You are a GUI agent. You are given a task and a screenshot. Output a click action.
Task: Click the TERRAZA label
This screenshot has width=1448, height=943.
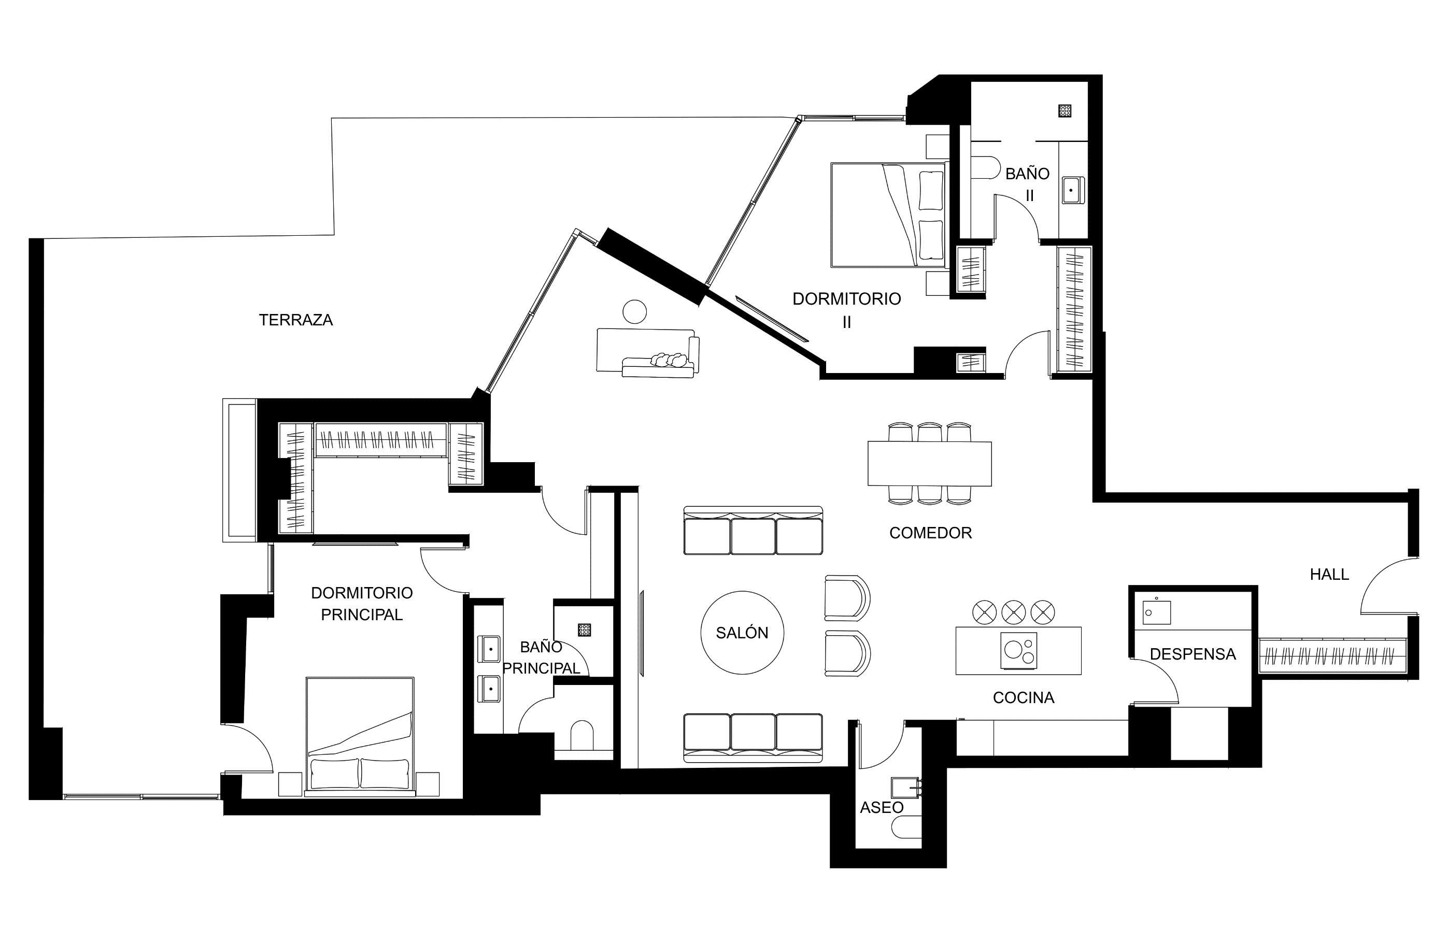(296, 320)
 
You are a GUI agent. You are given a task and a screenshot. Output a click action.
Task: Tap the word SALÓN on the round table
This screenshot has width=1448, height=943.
(742, 633)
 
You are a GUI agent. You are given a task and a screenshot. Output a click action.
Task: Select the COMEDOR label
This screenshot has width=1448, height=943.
(930, 533)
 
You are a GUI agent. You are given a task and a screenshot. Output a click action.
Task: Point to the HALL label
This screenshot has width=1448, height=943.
(1329, 574)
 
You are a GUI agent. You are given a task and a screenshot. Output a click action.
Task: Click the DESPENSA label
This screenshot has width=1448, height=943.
(1193, 654)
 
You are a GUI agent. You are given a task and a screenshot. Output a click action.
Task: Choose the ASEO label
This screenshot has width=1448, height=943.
(882, 807)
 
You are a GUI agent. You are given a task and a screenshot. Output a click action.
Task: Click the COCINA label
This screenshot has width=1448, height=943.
(1024, 697)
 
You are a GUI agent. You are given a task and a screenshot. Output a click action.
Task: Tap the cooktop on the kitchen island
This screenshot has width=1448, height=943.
(1018, 650)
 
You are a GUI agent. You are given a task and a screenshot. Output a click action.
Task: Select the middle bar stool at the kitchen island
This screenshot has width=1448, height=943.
(1014, 611)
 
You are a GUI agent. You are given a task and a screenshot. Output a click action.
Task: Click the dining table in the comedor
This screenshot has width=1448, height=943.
(930, 463)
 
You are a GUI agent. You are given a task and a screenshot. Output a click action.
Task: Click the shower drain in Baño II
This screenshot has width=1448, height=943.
(1064, 111)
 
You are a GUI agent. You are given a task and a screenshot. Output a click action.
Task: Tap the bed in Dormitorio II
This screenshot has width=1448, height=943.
(888, 215)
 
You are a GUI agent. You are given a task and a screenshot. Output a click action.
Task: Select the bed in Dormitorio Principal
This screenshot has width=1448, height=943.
(360, 736)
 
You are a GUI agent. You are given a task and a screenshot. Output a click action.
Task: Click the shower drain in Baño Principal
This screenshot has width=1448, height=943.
(585, 630)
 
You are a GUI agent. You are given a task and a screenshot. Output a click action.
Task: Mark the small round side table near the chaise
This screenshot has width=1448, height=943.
(634, 311)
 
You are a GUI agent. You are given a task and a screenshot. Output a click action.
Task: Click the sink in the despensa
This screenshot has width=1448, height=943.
(1157, 612)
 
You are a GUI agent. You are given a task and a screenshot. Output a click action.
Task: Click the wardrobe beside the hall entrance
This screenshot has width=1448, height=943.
(1332, 656)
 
